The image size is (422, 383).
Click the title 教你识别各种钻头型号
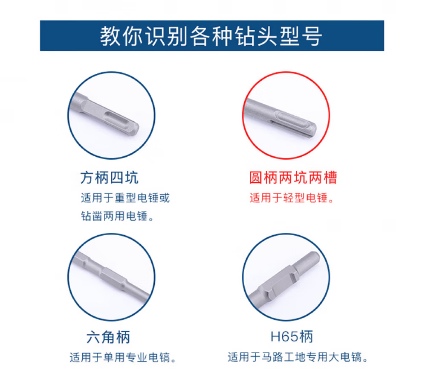(x=211, y=36)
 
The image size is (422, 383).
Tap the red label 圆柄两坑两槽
(x=293, y=178)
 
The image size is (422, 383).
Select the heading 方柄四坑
(x=110, y=178)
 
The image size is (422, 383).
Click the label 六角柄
(x=108, y=337)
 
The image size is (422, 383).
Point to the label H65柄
(x=292, y=336)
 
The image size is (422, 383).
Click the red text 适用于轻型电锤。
(x=292, y=198)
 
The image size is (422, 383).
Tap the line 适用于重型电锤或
(x=125, y=198)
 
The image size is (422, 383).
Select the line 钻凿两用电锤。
(x=117, y=216)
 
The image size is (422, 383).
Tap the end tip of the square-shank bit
(x=136, y=129)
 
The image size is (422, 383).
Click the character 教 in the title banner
(x=110, y=36)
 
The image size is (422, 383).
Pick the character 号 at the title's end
(x=312, y=36)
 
